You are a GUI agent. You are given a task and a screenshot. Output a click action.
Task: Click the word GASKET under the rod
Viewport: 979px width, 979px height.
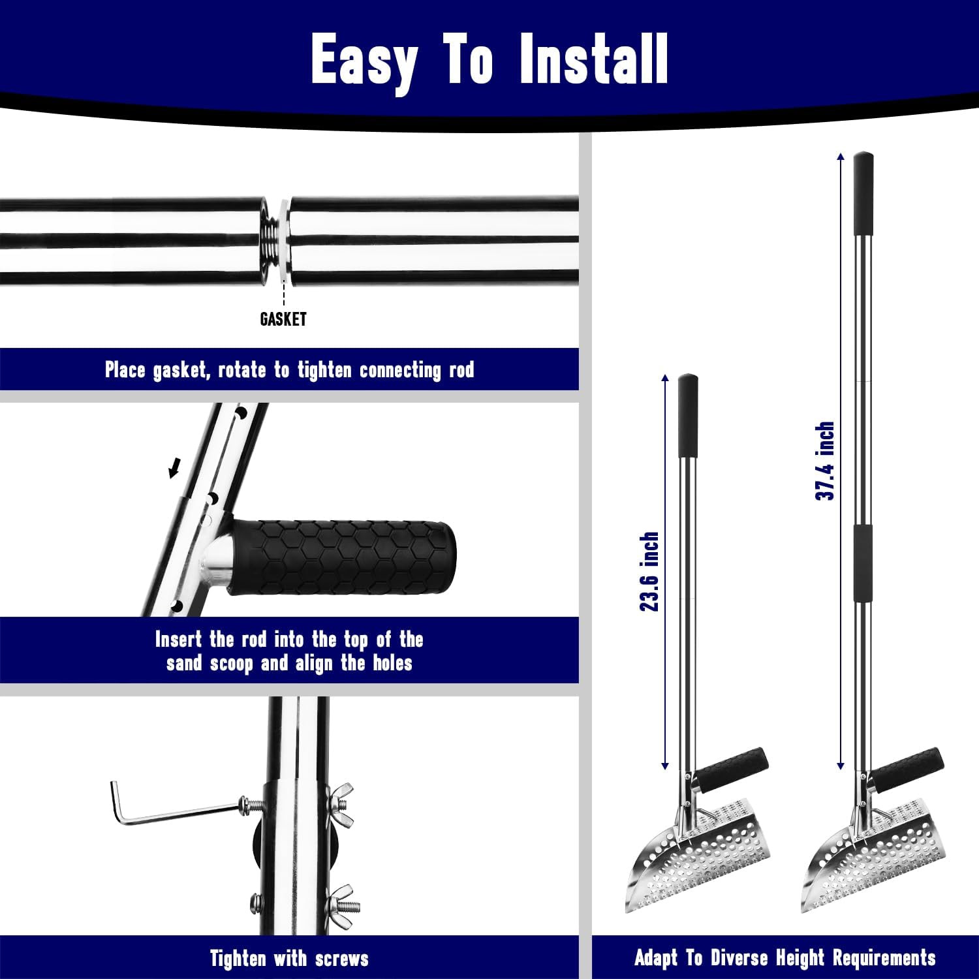click(283, 319)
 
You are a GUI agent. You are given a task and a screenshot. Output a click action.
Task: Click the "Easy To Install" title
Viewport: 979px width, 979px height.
click(489, 61)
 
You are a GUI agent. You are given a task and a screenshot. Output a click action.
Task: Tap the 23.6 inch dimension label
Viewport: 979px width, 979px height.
click(649, 572)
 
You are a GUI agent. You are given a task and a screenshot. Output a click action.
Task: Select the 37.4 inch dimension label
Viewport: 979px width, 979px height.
click(825, 461)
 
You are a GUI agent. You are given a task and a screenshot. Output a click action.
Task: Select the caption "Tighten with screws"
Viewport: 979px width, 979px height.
click(289, 958)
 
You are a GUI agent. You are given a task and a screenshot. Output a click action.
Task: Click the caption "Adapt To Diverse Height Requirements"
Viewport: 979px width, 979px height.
click(785, 957)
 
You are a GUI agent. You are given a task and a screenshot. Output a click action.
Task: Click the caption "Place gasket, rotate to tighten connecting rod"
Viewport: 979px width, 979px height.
click(289, 370)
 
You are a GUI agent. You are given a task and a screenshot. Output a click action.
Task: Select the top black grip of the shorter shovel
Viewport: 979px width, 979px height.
click(688, 416)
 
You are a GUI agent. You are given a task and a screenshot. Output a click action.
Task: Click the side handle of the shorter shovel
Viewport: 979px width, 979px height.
click(735, 769)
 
